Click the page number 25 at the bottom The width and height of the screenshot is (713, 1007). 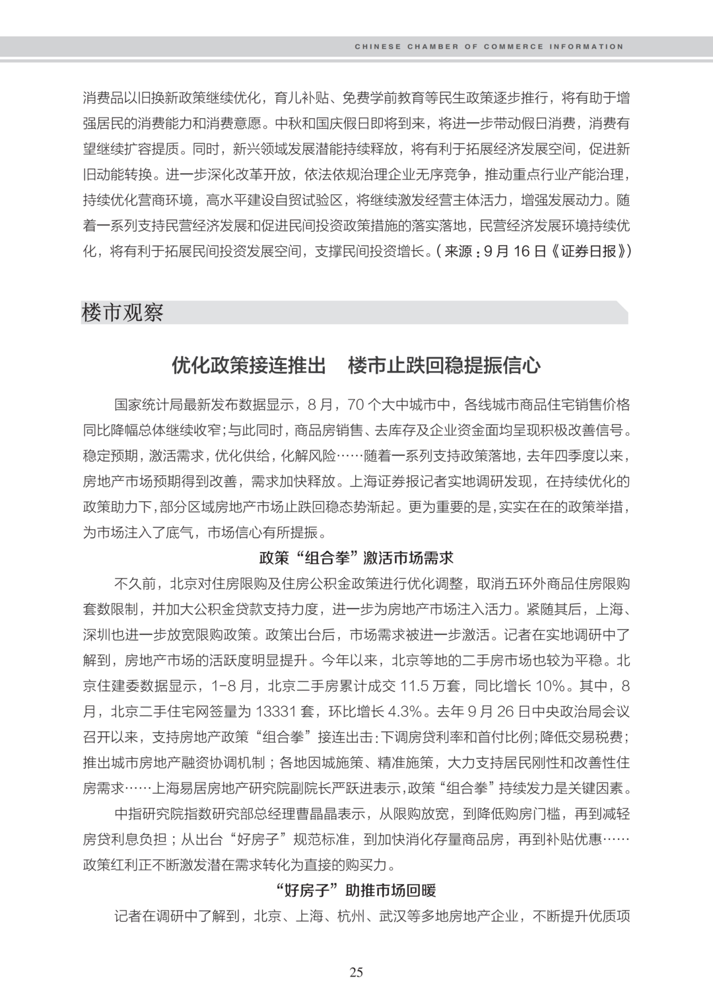point(356,971)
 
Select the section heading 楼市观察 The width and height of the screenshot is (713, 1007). point(122,312)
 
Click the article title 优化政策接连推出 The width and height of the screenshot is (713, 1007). point(249,366)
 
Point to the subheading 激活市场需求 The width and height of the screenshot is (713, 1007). point(410,558)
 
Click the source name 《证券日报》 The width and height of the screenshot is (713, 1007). point(591,252)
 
